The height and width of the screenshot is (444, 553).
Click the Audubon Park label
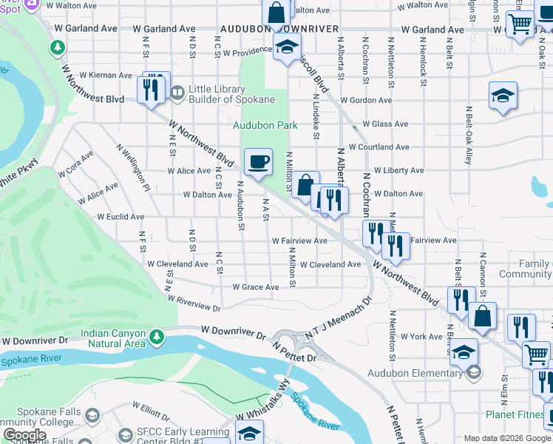coord(265,125)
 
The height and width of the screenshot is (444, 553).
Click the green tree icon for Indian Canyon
coord(156,337)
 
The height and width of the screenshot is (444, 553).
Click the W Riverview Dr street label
coord(194,303)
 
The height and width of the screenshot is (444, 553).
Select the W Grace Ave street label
coord(255,287)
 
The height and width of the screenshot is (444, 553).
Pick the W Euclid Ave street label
coord(120,217)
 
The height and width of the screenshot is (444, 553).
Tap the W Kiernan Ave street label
coord(105,75)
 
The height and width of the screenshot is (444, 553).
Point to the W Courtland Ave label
coord(379,147)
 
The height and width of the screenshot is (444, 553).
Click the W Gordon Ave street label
coord(367,101)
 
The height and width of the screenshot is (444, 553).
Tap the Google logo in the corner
coord(24,435)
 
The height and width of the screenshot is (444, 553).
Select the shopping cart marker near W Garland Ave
coord(520,24)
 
